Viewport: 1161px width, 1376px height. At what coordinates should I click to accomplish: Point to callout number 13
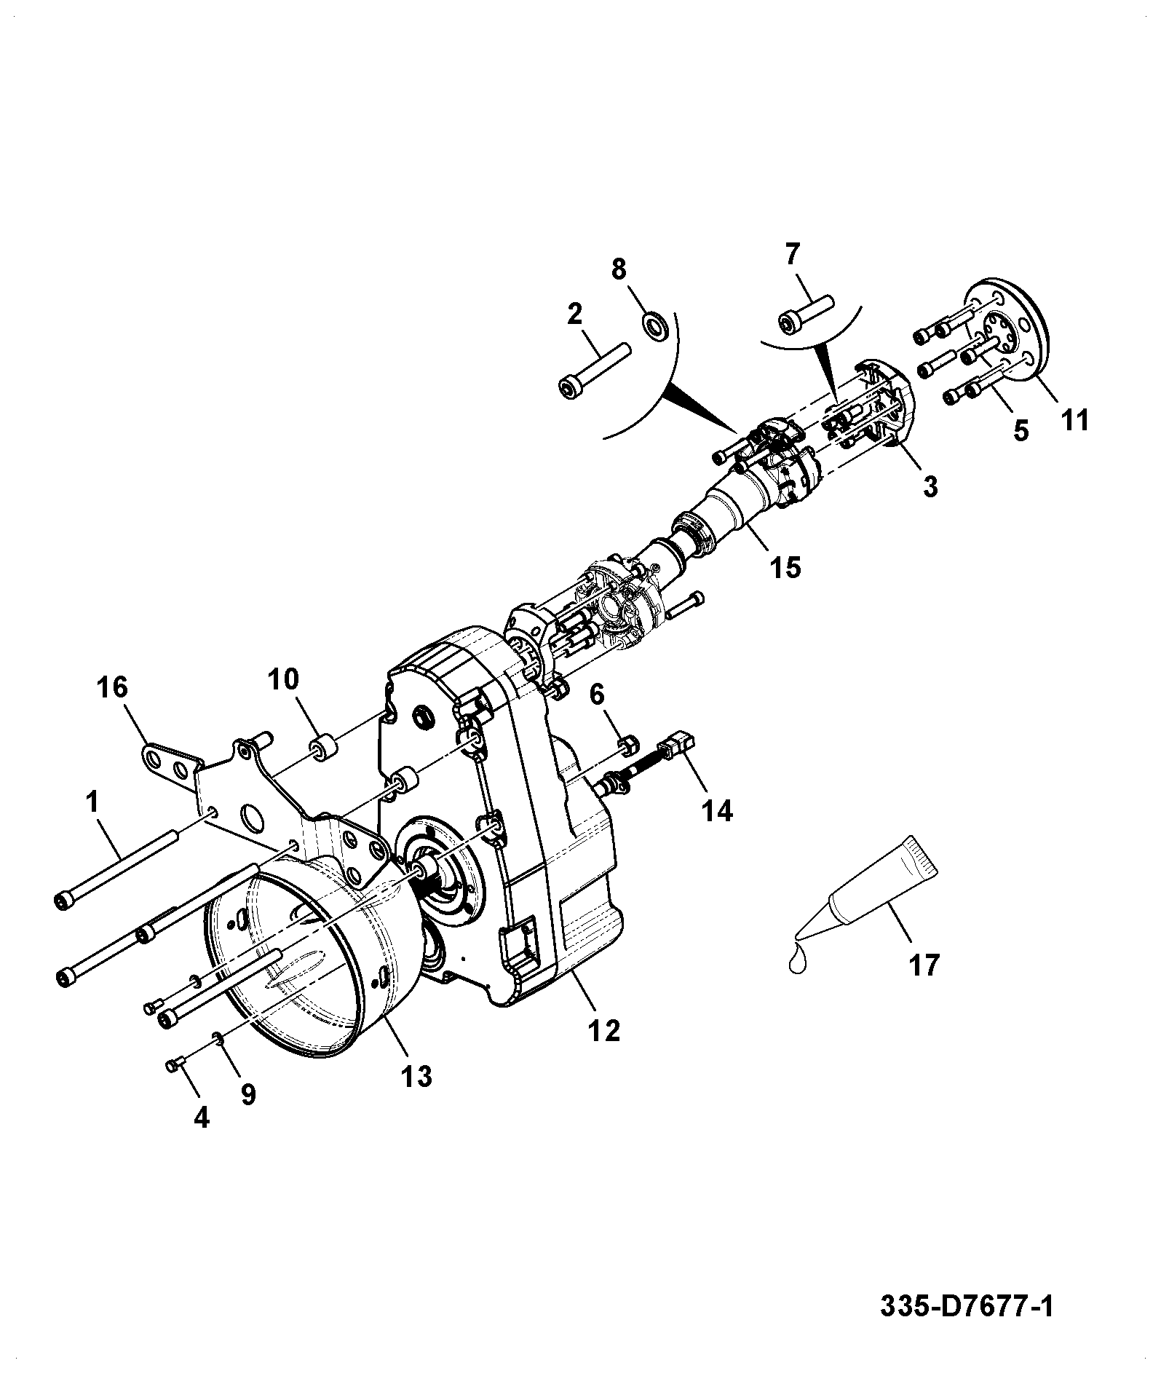pyautogui.click(x=417, y=1075)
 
